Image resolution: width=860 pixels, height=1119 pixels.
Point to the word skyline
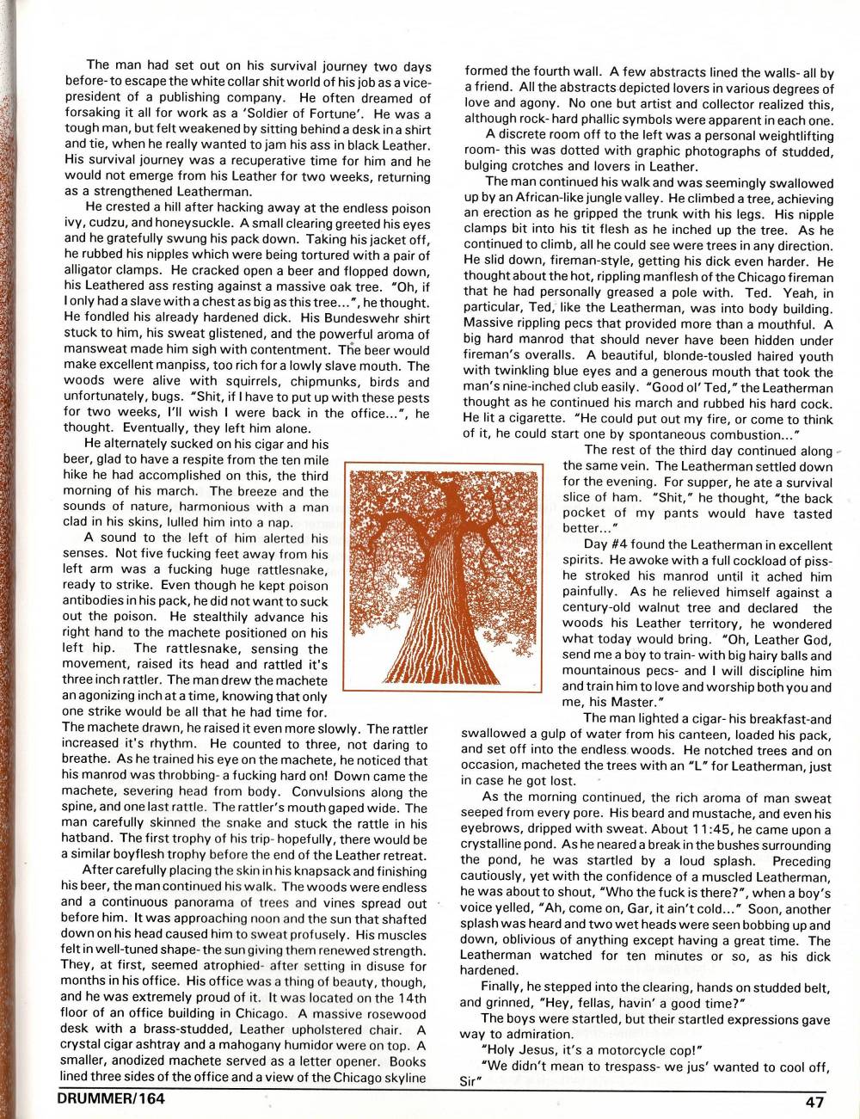point(401,1077)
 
